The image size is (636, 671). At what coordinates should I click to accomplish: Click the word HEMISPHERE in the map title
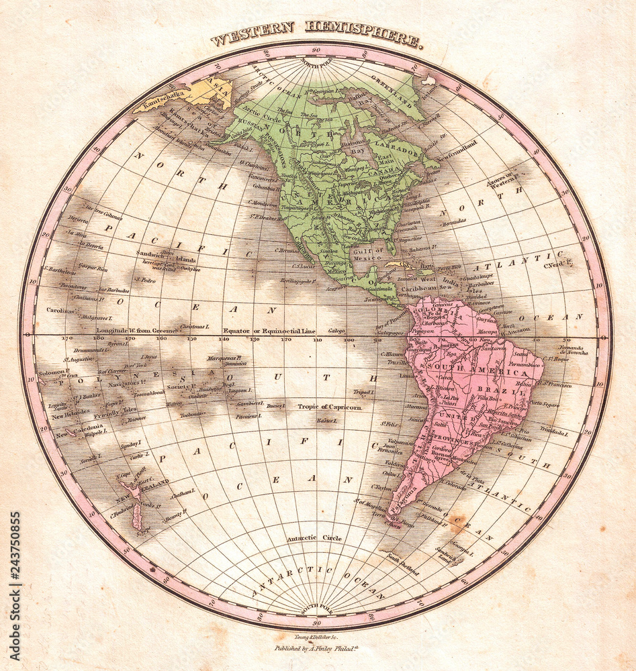363,35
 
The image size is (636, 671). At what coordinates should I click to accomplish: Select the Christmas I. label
194,327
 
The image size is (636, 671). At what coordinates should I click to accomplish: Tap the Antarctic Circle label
314,537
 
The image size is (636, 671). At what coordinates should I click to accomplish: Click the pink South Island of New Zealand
137,517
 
